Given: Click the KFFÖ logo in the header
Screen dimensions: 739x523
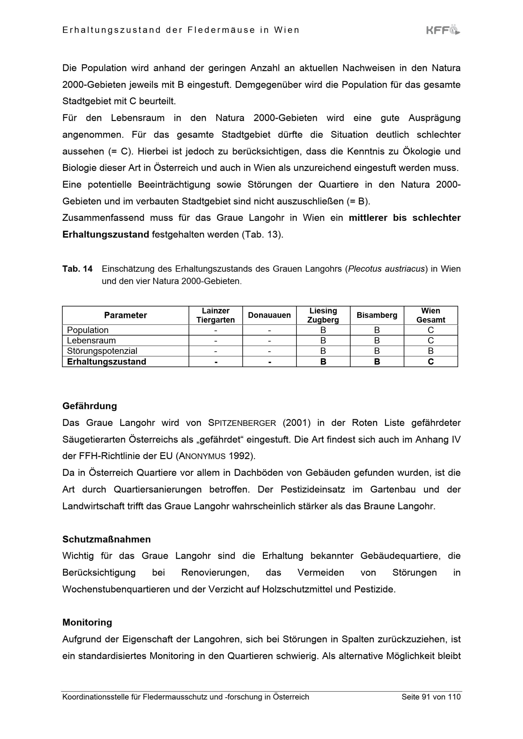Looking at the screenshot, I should pyautogui.click(x=443, y=30).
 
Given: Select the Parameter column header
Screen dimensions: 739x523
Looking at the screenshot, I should pyautogui.click(x=125, y=315).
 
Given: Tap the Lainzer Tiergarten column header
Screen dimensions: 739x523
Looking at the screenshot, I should pyautogui.click(x=215, y=315).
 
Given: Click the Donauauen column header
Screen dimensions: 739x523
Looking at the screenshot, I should pyautogui.click(x=269, y=315).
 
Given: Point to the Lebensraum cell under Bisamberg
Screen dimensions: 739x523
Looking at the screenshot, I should pyautogui.click(x=377, y=341).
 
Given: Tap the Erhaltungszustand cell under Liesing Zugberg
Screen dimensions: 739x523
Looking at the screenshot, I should pyautogui.click(x=323, y=361).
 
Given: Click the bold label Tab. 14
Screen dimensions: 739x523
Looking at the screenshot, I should pyautogui.click(x=77, y=269).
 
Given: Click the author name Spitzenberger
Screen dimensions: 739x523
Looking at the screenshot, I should pyautogui.click(x=242, y=423).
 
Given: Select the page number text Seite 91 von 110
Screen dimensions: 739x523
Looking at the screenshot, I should pyautogui.click(x=431, y=697).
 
